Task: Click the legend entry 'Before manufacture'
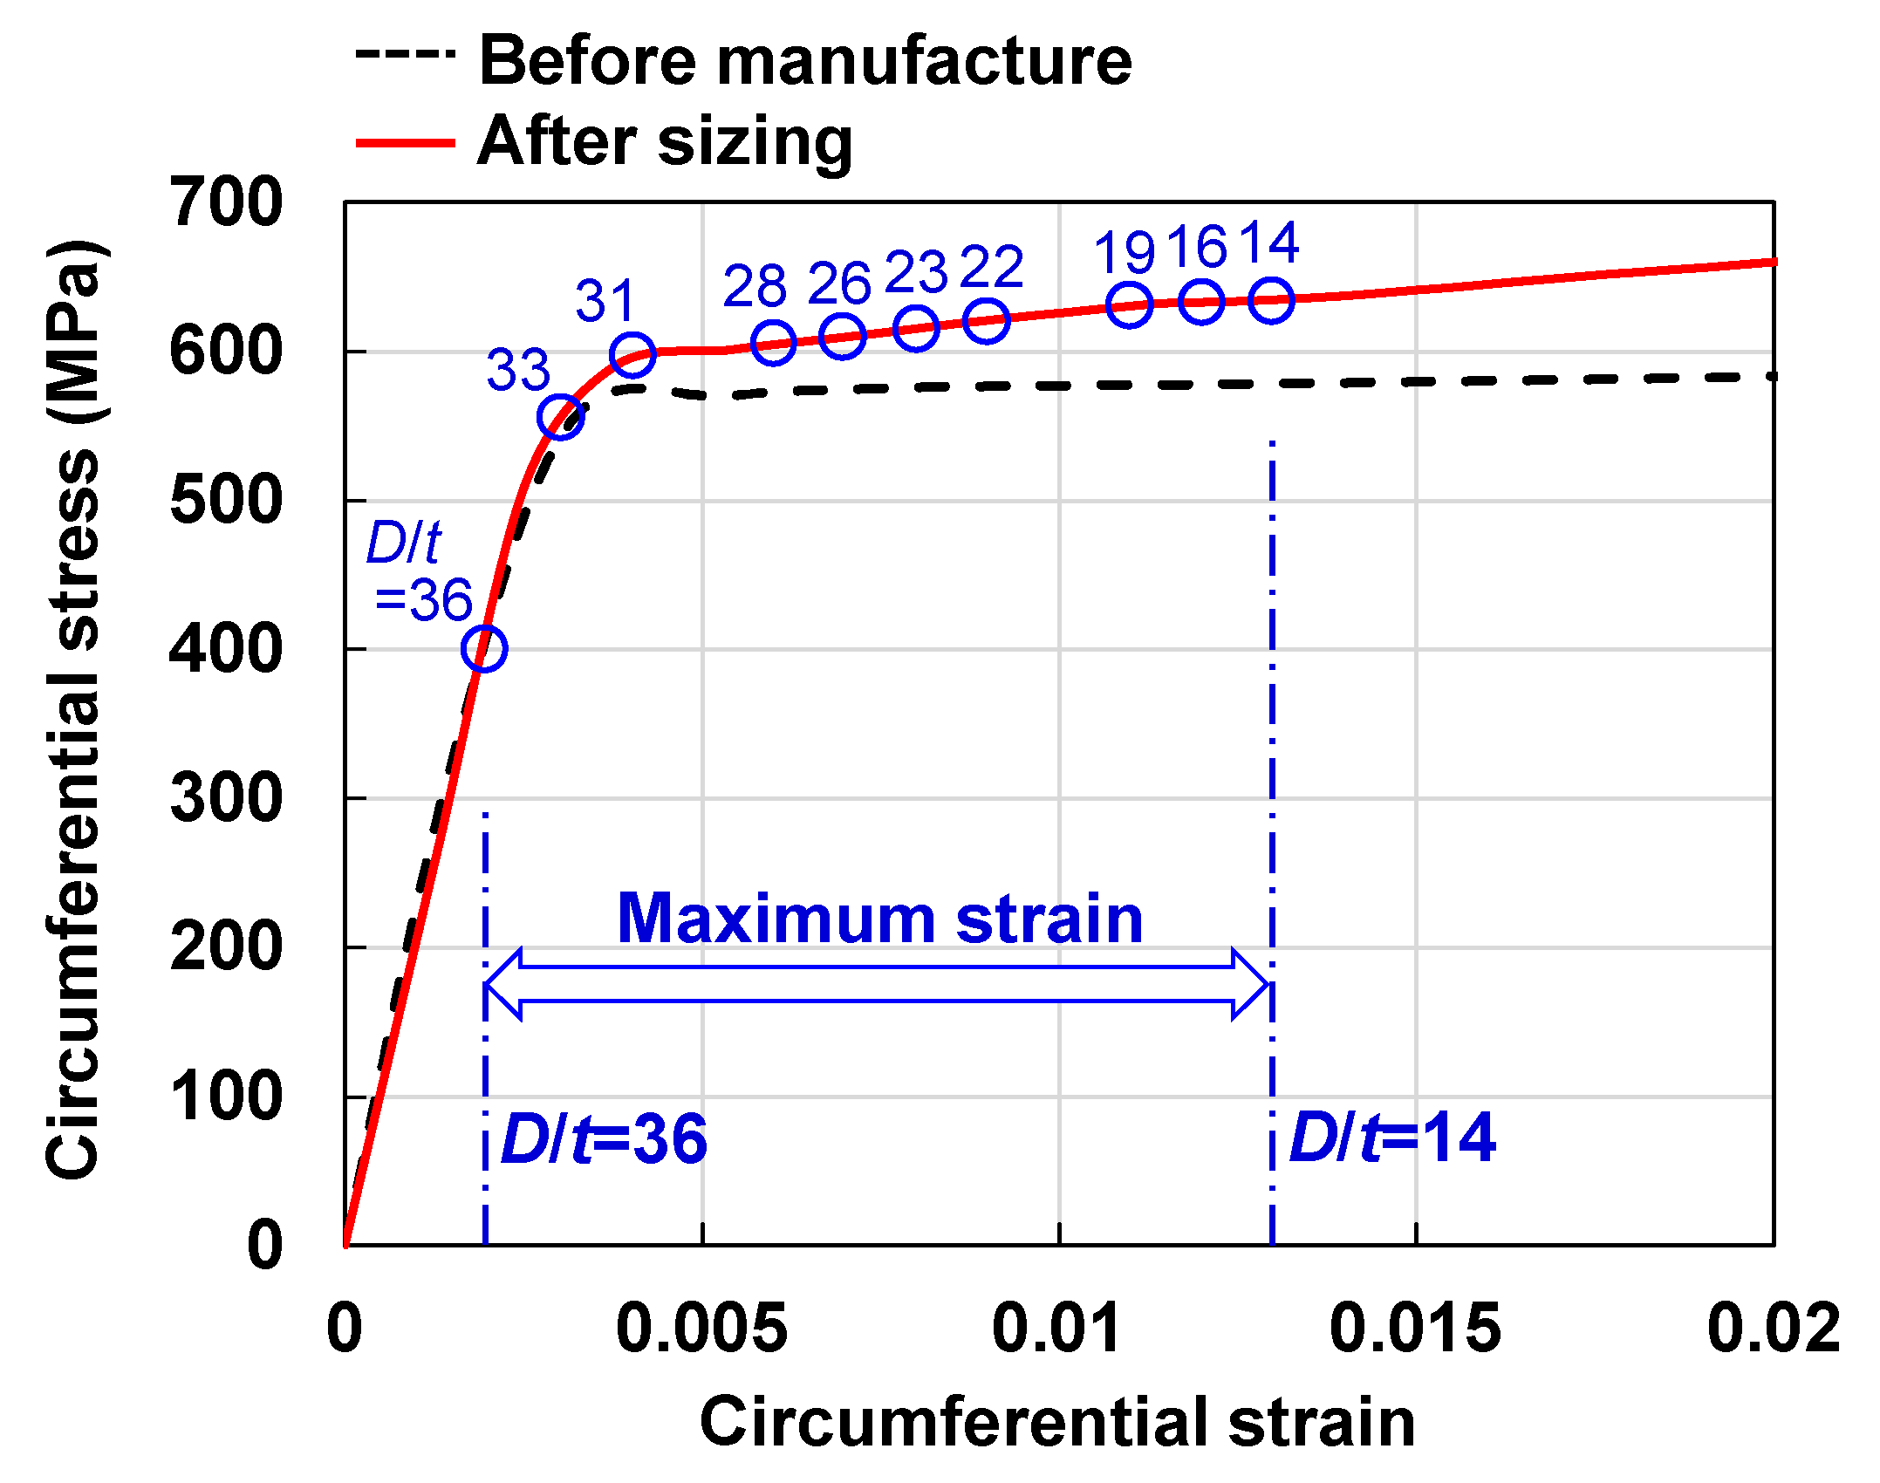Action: point(804,61)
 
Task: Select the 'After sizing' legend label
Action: point(665,141)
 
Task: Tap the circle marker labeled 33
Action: point(561,417)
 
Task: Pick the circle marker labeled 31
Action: point(632,354)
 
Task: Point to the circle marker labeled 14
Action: point(1271,300)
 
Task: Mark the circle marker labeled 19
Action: point(1129,305)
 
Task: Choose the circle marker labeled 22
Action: point(987,321)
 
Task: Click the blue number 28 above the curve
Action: point(755,286)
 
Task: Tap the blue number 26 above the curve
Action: point(839,284)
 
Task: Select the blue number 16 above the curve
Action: point(1197,247)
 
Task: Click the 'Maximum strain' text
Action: point(879,919)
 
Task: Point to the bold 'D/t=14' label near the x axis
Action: point(1392,1138)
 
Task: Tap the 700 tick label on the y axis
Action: point(226,202)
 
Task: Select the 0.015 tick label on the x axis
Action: point(1415,1329)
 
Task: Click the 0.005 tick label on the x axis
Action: point(701,1329)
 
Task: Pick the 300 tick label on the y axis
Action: point(226,798)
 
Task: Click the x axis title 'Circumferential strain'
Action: point(1056,1422)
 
